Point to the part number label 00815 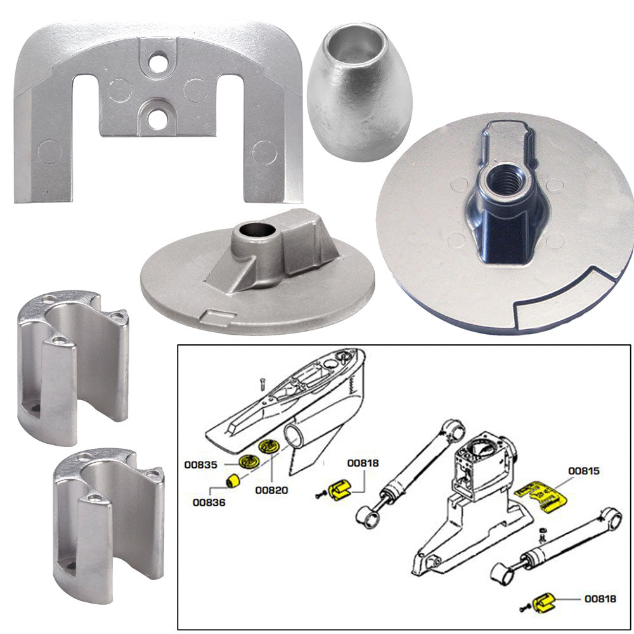585,471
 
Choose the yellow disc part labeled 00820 269,447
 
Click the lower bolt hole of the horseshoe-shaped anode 155,120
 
